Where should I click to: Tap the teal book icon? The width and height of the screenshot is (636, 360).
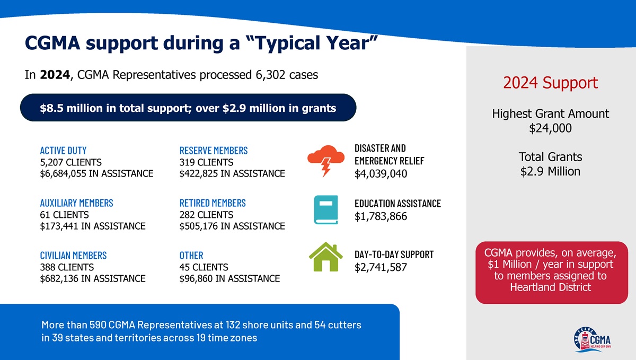tap(325, 210)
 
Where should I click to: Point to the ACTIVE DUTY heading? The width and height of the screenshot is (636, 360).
tap(63, 151)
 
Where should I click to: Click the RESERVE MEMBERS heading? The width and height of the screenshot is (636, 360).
tap(214, 151)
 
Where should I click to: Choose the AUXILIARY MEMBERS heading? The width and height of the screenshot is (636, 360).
tap(76, 203)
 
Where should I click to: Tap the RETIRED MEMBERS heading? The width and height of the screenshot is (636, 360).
tap(213, 203)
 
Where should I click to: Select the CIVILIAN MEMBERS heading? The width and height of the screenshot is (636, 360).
tap(73, 256)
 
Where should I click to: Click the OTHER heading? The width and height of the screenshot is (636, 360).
tap(191, 256)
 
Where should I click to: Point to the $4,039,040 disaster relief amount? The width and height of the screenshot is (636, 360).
tap(381, 174)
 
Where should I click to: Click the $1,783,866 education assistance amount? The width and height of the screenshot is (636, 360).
tap(381, 216)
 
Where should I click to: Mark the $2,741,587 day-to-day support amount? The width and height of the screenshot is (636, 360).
tap(381, 267)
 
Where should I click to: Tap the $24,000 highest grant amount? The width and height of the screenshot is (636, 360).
tap(550, 128)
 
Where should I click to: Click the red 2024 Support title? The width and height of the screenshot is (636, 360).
tap(550, 83)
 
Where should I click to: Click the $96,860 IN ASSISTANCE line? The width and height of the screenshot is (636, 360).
tap(229, 278)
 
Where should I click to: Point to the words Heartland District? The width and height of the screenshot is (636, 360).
tap(550, 287)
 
